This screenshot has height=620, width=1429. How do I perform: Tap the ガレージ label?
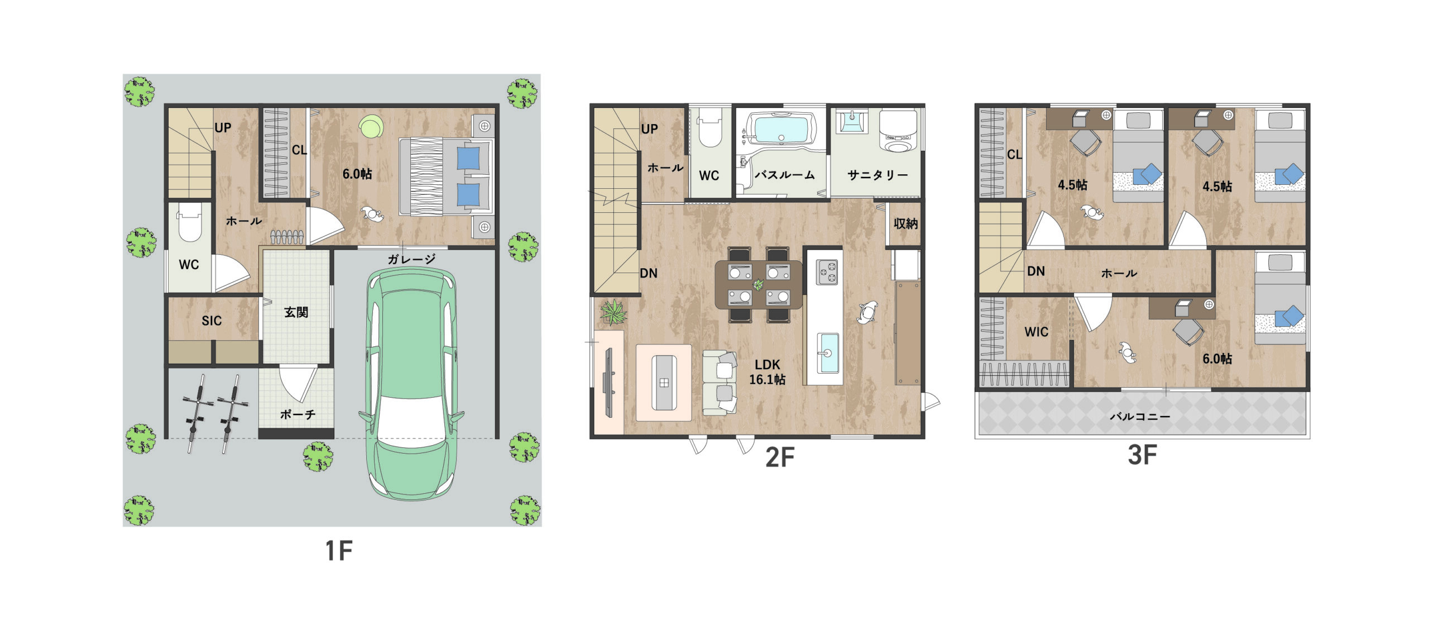click(x=411, y=259)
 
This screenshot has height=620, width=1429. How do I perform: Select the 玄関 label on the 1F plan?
click(x=296, y=312)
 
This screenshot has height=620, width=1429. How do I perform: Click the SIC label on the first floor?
click(x=212, y=321)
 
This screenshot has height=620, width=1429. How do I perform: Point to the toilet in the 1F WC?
click(x=189, y=222)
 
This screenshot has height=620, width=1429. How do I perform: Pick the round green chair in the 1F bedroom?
click(x=370, y=126)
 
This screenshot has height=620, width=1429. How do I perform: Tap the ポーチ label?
click(x=298, y=414)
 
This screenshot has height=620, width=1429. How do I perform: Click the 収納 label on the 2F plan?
click(x=905, y=224)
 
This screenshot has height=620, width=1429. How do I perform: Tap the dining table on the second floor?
click(x=759, y=284)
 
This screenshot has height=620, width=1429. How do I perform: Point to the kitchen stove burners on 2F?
click(x=827, y=273)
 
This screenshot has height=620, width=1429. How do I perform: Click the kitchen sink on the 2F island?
click(x=828, y=353)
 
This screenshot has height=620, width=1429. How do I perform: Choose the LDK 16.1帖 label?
click(x=767, y=372)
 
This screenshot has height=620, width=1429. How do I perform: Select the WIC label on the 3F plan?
click(x=1036, y=332)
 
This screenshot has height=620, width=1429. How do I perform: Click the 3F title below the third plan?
click(x=1142, y=455)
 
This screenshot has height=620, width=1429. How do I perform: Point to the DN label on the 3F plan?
click(x=1036, y=271)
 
